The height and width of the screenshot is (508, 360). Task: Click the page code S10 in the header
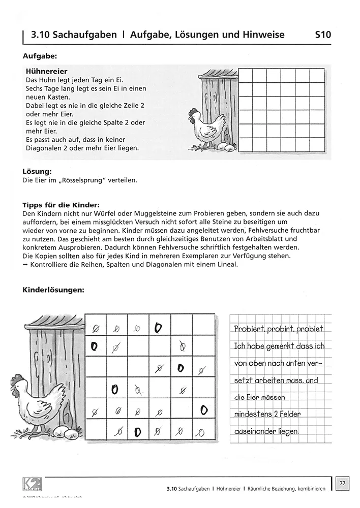(x=323, y=35)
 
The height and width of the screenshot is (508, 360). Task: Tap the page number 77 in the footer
(x=343, y=483)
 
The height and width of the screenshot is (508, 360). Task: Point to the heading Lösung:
(x=38, y=172)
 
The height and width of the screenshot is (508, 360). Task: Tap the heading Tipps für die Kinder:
(x=57, y=205)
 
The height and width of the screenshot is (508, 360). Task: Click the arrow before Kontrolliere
(x=26, y=265)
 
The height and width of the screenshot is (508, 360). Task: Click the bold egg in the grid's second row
(x=94, y=347)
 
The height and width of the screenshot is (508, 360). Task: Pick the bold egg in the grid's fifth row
(x=203, y=409)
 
